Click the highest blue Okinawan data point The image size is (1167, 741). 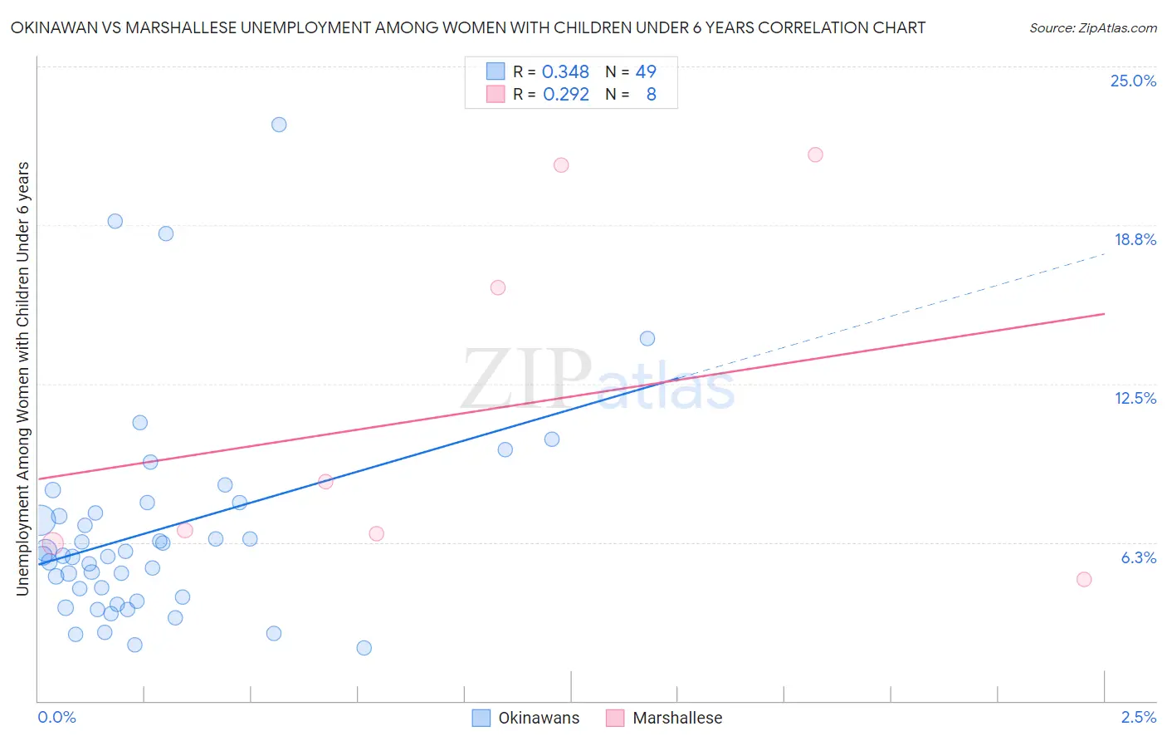tap(279, 125)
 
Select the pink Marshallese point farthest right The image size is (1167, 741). tap(1083, 579)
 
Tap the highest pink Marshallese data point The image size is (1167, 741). tap(815, 155)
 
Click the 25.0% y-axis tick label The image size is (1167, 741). tap(1133, 81)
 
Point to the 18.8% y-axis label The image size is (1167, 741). tap(1135, 239)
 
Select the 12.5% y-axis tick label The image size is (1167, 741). tap(1135, 398)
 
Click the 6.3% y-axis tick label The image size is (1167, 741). tap(1138, 557)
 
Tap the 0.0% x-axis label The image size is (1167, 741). tap(57, 717)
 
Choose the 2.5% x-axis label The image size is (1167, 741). tap(1138, 717)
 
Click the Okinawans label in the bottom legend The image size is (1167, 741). tap(539, 718)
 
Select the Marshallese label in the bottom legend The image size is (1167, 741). tap(677, 718)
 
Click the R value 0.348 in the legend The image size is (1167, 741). tap(565, 72)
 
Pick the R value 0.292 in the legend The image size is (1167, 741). tap(565, 95)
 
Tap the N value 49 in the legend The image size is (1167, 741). tap(645, 72)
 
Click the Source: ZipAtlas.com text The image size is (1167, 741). tap(1092, 28)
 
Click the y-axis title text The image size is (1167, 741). tap(23, 378)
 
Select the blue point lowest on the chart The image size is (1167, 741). tap(364, 648)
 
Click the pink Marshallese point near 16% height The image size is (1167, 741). tap(498, 287)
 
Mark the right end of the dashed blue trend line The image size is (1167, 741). tap(1105, 253)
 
